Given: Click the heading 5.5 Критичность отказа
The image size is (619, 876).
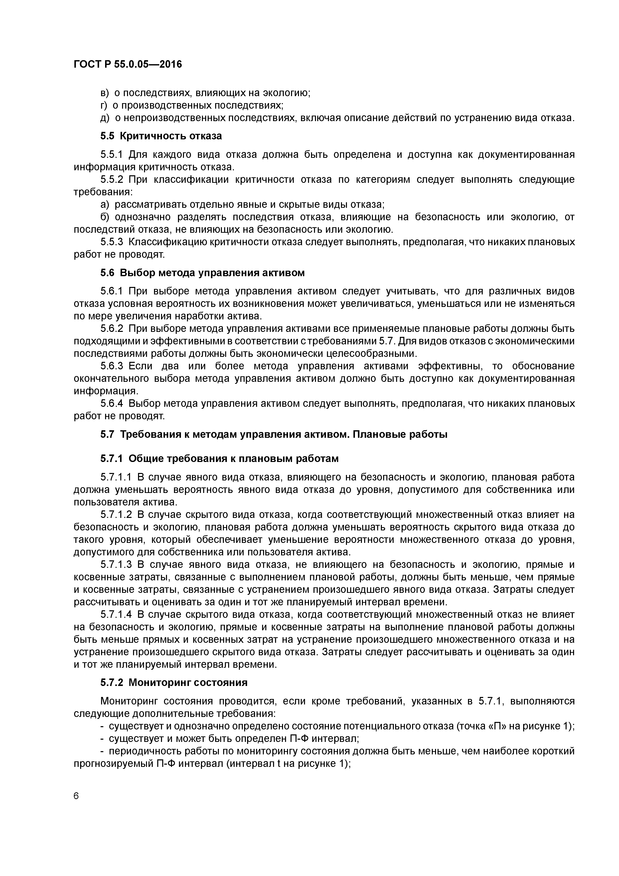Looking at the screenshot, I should (161, 136).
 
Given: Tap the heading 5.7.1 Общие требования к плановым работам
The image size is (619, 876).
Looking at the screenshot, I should (219, 459).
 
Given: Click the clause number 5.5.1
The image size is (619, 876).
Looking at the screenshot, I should (111, 155).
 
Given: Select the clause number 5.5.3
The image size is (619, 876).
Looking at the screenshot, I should (111, 242).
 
